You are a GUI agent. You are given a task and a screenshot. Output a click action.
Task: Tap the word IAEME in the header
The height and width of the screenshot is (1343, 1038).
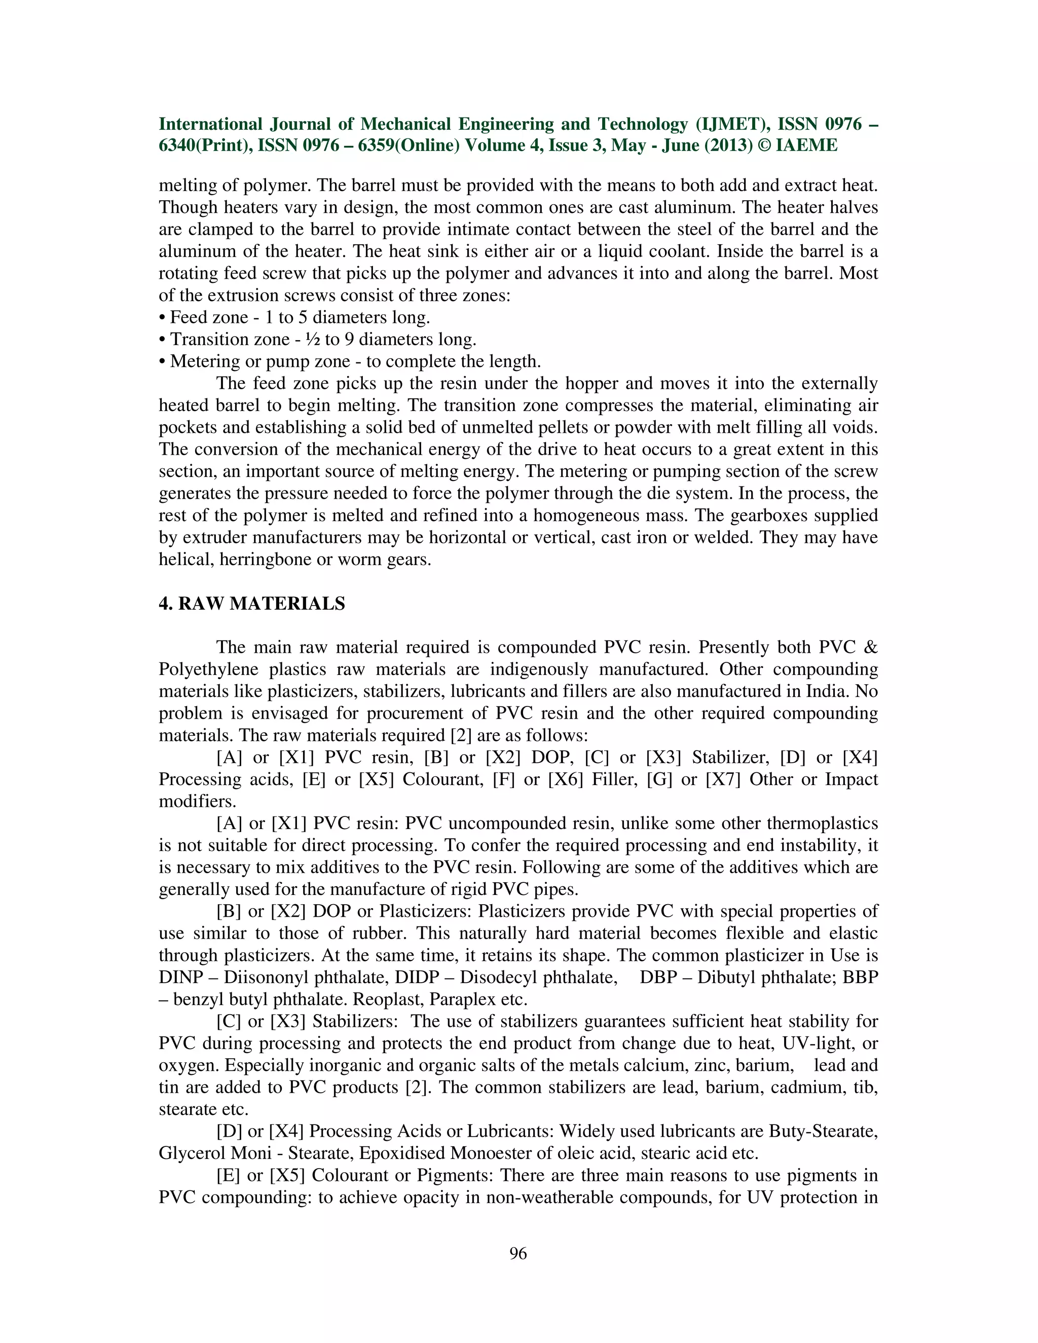click(x=807, y=146)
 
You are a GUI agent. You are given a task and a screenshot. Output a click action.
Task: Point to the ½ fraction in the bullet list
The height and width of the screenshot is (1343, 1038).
click(x=314, y=340)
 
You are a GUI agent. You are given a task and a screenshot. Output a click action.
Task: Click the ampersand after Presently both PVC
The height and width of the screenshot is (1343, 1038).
click(x=871, y=648)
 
